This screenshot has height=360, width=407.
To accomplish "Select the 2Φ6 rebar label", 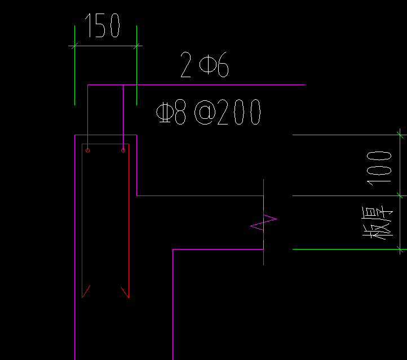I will click(x=205, y=66).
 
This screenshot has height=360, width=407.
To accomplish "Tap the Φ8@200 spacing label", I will click(x=209, y=113).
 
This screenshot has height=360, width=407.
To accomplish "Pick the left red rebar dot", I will click(x=88, y=150).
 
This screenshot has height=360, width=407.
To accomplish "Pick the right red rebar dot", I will click(x=123, y=150).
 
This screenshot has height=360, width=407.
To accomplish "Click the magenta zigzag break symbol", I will click(x=264, y=223).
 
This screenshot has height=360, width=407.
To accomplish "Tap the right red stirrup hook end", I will click(x=125, y=291).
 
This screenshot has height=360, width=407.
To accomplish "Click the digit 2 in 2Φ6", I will click(x=186, y=66).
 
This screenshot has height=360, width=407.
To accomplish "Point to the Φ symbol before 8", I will click(x=164, y=113).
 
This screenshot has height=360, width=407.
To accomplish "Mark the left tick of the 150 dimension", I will click(x=75, y=46).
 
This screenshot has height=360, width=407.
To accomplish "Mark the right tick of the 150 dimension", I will click(x=137, y=46).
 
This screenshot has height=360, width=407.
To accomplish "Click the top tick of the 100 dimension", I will click(x=400, y=135).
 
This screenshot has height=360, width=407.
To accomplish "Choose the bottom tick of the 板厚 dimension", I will click(x=400, y=248).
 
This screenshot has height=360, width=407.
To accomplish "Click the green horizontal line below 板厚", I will click(x=344, y=248).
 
